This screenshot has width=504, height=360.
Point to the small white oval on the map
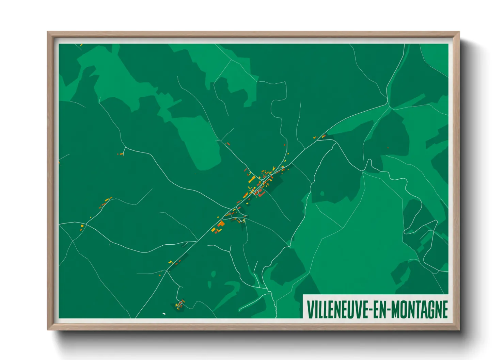click(164, 313)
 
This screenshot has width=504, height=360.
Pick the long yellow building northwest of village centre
click(252, 179)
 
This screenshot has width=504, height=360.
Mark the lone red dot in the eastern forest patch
click(388, 148)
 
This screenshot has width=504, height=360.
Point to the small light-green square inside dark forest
click(322, 194)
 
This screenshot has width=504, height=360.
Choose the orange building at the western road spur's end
click(121, 154)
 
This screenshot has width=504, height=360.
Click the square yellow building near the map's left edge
click(82, 225)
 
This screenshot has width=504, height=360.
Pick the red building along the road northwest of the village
click(228, 144)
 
